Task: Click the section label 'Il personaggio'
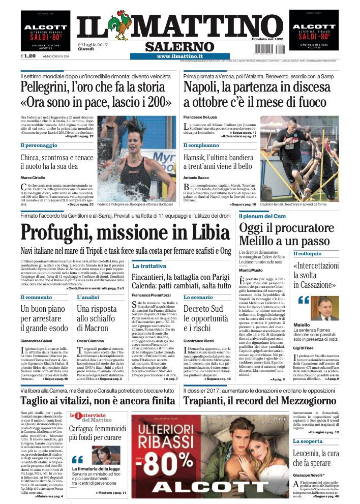pos(39,145)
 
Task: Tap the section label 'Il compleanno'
pos(202,145)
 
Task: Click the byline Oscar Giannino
pos(92,340)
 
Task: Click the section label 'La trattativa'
pos(149,266)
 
